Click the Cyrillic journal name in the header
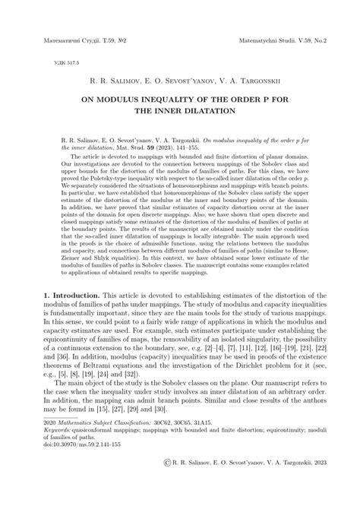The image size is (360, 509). point(70,36)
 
